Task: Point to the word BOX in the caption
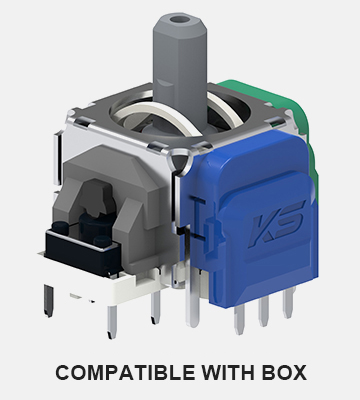(x=284, y=372)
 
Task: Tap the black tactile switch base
(x=82, y=252)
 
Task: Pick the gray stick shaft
(x=180, y=67)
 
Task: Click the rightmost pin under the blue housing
(x=289, y=302)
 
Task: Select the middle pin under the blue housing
(x=263, y=310)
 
